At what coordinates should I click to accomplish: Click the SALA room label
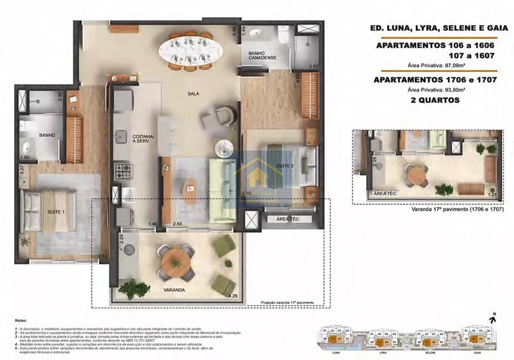(193, 94)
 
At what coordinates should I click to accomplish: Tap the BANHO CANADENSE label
(263, 56)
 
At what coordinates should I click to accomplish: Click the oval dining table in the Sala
(191, 50)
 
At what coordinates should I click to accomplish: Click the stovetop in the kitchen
(122, 170)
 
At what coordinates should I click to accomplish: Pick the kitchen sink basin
(121, 136)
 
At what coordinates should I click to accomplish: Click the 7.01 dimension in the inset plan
(493, 195)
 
